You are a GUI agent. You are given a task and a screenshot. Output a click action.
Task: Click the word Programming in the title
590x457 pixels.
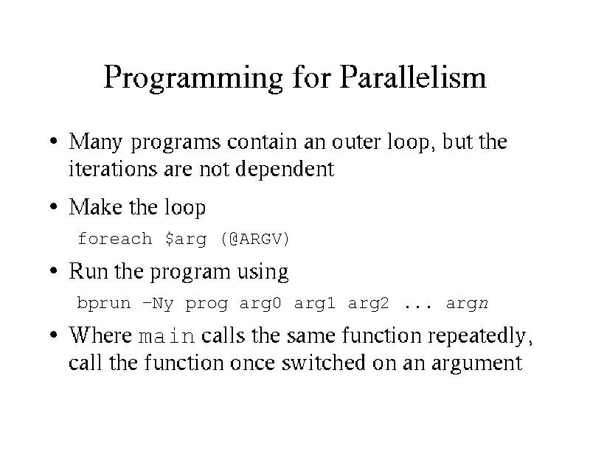[x=193, y=78]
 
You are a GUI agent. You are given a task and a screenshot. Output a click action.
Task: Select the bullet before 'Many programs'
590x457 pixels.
[x=54, y=142]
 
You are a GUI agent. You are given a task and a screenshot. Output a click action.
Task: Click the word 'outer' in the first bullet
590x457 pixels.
[x=356, y=142]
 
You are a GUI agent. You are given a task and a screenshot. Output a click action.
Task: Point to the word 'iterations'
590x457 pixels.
[x=113, y=169]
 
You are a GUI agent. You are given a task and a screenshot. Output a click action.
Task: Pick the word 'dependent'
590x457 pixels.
[x=285, y=169]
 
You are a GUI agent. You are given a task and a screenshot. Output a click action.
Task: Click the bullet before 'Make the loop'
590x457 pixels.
[x=54, y=206]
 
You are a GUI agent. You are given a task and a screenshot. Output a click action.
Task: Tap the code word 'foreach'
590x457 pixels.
[x=115, y=239]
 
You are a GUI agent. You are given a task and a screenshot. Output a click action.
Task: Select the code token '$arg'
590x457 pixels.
[x=186, y=240]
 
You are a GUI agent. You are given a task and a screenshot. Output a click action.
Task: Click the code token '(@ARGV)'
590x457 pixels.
[x=255, y=240]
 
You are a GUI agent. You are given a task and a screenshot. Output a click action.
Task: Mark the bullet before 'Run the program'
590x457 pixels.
[x=54, y=271]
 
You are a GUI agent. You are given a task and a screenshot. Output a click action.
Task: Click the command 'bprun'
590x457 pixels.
[x=104, y=304]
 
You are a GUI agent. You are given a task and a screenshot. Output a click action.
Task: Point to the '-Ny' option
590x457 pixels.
[x=158, y=304]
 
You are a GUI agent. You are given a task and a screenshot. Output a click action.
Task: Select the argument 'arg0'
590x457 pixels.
[x=260, y=304]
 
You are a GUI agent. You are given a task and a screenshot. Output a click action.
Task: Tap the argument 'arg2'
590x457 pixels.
[x=368, y=304]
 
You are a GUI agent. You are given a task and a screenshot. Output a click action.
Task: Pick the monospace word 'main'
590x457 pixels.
[x=167, y=336]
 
